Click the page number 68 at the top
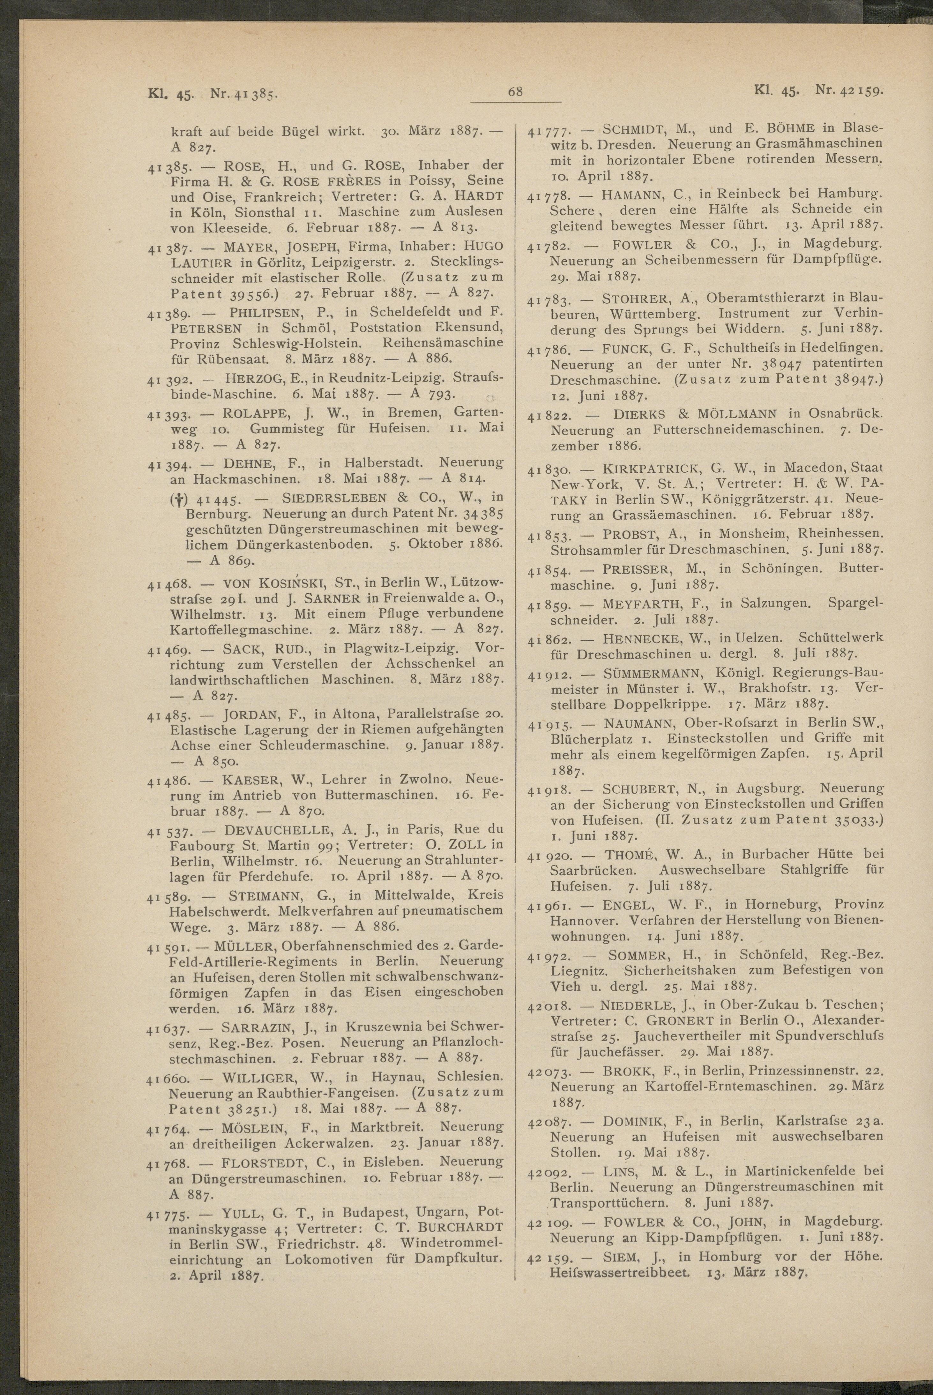pyautogui.click(x=515, y=92)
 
